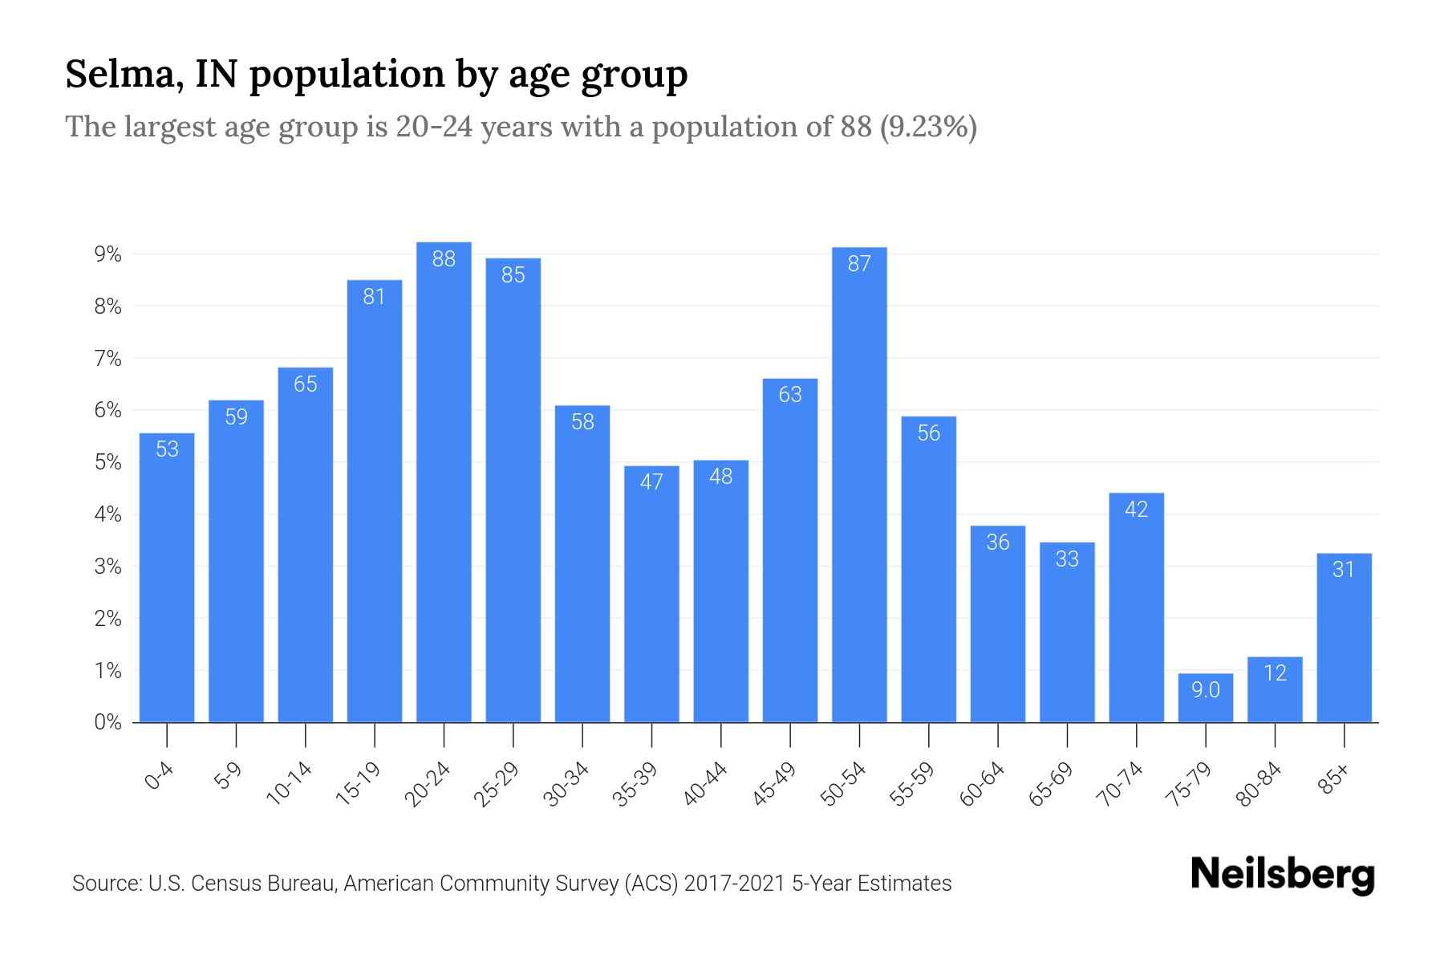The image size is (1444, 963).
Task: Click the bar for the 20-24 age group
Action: pos(444,481)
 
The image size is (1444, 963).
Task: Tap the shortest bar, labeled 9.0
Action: pos(1205,698)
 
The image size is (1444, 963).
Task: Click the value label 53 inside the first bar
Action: pos(167,449)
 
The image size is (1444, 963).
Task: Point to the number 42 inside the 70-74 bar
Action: pos(1136,509)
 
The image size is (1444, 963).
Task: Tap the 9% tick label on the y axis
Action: pos(107,254)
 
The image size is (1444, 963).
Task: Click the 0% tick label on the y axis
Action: pos(107,722)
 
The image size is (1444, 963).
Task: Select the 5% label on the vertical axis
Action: pos(107,462)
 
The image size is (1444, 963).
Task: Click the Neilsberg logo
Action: pos(1282,875)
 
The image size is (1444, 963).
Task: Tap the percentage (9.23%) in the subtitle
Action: pos(928,127)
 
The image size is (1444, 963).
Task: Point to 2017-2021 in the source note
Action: pos(734,884)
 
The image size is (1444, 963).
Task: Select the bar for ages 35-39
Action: pos(651,594)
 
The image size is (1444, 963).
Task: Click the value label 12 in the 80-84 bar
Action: pos(1275,672)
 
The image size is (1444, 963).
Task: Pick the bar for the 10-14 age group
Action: pos(306,546)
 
